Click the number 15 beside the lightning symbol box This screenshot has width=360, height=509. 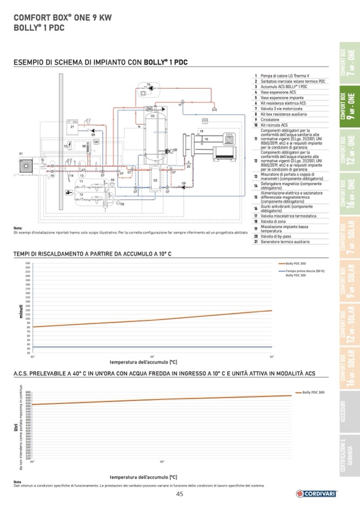[x=65, y=145]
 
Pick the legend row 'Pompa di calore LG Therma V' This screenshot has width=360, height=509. [x=287, y=76]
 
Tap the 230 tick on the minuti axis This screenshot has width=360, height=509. [x=27, y=263]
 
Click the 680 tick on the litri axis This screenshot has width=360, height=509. [x=28, y=392]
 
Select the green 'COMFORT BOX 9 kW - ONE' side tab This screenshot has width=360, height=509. [x=349, y=107]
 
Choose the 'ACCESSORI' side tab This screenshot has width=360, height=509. [x=349, y=411]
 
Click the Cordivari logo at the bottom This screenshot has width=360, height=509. [x=317, y=494]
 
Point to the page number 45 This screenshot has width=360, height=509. [x=179, y=494]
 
